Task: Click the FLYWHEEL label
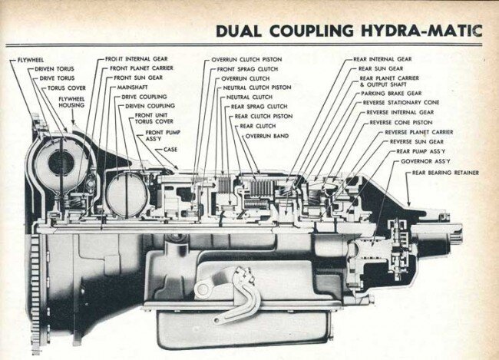28,58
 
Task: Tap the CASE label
170,149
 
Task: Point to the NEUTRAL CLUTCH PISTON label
257,88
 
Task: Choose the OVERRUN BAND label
266,135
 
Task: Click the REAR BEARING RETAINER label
445,173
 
